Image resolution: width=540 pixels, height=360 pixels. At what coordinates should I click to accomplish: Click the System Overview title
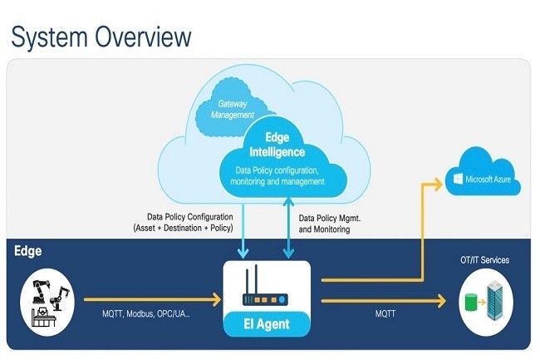pyautogui.click(x=101, y=36)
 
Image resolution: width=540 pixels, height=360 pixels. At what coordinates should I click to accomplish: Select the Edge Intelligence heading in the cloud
pyautogui.click(x=277, y=145)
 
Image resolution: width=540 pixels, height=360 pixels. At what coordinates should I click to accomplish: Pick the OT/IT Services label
pyautogui.click(x=484, y=260)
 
